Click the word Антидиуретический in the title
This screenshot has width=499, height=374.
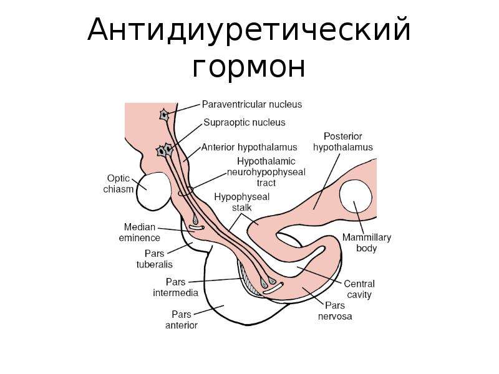(x=249, y=30)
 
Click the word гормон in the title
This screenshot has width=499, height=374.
(x=249, y=67)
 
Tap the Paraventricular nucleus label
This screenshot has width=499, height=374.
(x=252, y=104)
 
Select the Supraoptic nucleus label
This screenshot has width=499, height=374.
(x=245, y=122)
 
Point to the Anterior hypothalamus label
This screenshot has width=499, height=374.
(x=249, y=147)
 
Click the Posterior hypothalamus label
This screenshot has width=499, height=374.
(x=343, y=142)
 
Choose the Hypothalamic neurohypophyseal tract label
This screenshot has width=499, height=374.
(x=266, y=172)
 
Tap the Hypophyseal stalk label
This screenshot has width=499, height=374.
(x=242, y=202)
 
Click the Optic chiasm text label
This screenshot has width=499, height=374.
(x=119, y=183)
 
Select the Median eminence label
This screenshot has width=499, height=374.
(x=139, y=232)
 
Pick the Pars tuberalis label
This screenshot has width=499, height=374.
(x=154, y=259)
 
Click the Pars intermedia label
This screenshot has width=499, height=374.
(x=176, y=287)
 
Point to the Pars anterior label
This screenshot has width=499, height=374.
(x=182, y=320)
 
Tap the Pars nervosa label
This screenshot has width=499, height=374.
(x=335, y=310)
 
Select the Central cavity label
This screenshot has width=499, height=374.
(x=359, y=289)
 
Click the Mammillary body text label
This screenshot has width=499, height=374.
(x=367, y=242)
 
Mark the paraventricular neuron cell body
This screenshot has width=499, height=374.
(x=164, y=115)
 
